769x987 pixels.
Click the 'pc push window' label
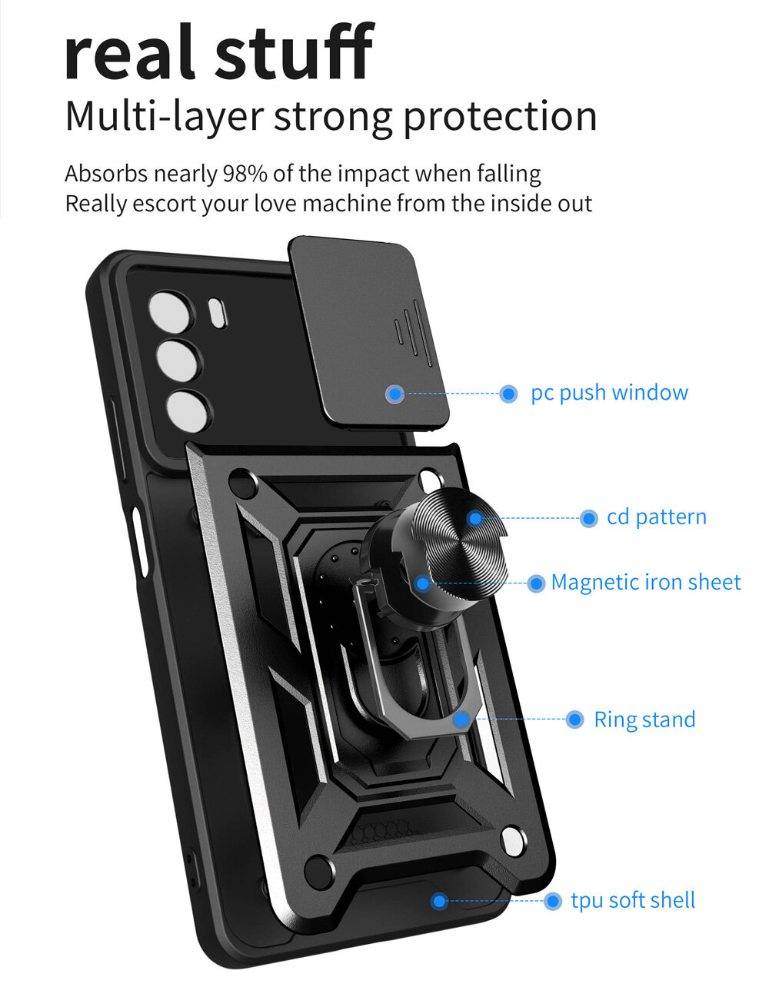coord(609,393)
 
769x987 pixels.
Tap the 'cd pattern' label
coord(656,517)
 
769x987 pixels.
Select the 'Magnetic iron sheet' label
coord(645,583)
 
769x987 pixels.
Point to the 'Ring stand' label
coord(644,719)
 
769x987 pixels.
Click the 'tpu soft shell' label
coord(632,900)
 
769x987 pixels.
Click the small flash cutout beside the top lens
coord(218,313)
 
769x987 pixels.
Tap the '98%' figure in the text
coord(245,174)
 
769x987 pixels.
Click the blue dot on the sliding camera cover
coord(395,394)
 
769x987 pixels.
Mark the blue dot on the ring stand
coord(461,719)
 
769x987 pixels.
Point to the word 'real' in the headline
coord(128,54)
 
